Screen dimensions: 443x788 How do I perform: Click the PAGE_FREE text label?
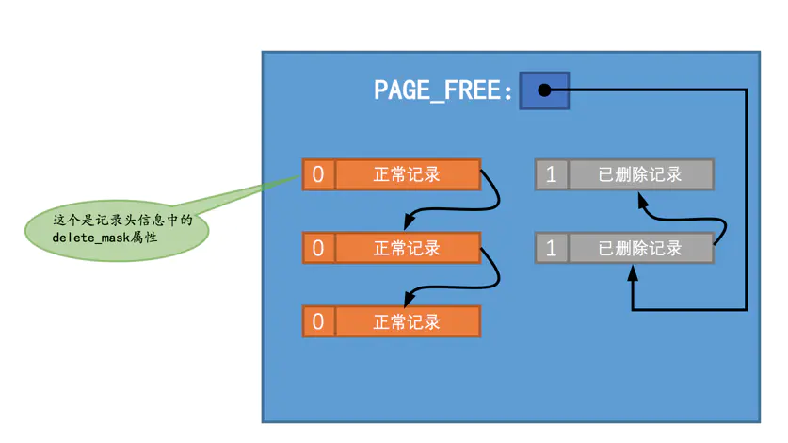point(443,90)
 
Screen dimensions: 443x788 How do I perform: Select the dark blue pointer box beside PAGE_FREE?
point(544,90)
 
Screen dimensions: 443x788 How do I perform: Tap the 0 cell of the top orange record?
point(318,174)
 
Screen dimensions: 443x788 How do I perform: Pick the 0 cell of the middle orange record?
point(318,248)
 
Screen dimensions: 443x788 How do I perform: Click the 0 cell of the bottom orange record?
point(318,321)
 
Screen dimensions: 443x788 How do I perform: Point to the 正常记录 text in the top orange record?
point(407,174)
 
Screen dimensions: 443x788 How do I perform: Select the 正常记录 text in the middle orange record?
point(407,248)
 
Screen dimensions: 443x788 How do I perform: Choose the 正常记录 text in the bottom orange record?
point(407,321)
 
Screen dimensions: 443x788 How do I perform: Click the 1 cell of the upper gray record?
point(552,174)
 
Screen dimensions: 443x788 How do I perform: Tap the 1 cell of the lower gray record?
point(552,249)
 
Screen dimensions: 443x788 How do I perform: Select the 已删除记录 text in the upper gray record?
point(640,174)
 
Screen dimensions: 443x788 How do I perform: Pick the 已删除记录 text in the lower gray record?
point(640,249)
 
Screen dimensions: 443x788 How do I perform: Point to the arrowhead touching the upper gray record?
point(642,199)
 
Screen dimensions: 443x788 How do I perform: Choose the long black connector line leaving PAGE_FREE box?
point(746,198)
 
